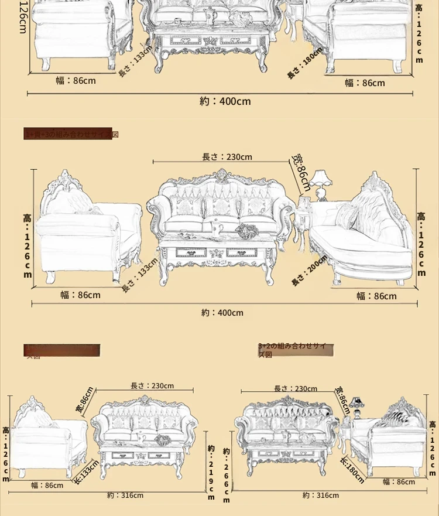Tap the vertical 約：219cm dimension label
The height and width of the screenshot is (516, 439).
point(211,471)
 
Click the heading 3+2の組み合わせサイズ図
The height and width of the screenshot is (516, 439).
point(296,351)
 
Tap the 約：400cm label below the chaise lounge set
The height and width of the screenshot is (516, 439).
point(222,313)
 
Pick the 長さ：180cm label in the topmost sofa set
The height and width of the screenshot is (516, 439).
point(304,64)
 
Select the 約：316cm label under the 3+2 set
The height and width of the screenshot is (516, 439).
point(321,496)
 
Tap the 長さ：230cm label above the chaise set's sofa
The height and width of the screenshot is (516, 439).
point(227,157)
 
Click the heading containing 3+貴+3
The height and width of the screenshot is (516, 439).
point(71,134)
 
